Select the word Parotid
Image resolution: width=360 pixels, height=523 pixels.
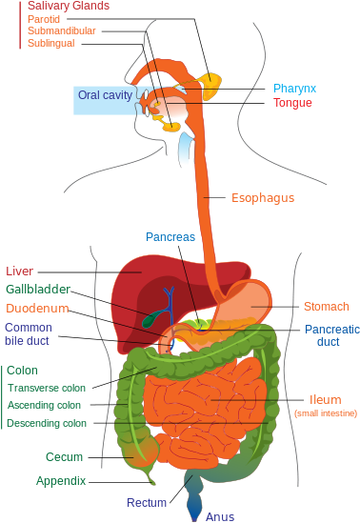43,18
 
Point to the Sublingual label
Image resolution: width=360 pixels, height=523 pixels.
50,43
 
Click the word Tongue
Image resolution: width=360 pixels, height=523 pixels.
292,102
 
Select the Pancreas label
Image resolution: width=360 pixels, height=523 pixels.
170,236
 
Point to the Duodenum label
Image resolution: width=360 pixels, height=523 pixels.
37,309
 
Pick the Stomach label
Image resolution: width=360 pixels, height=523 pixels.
326,307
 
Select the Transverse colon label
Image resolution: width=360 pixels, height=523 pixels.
47,388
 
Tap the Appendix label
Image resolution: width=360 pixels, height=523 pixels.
61,481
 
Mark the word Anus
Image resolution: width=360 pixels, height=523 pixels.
220,517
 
